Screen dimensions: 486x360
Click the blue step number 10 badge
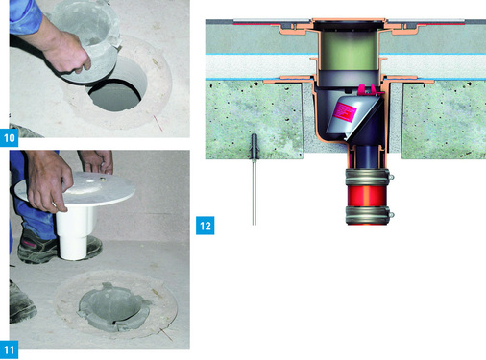[x=9, y=138]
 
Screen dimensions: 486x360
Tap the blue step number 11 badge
[x=9, y=350]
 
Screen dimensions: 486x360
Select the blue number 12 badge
[x=206, y=226]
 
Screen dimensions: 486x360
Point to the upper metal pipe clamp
[x=369, y=177]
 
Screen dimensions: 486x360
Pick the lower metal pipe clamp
[x=369, y=214]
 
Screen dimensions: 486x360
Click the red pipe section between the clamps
[x=366, y=196]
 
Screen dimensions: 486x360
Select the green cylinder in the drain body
[x=350, y=51]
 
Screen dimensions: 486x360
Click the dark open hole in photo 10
[x=114, y=95]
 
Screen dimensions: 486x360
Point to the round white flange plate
[x=75, y=189]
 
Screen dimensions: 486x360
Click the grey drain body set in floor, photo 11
[x=114, y=306]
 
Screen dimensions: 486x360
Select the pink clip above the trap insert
[x=368, y=90]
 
